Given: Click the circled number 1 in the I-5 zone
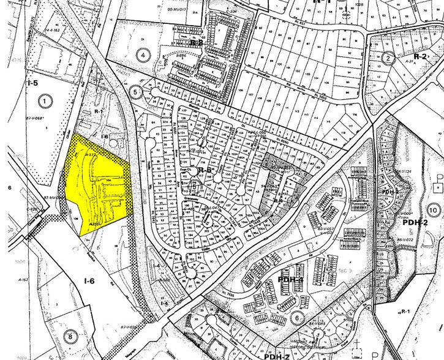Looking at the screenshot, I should (44, 99).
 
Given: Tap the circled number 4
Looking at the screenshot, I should (145, 55).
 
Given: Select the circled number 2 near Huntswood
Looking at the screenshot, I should (388, 59).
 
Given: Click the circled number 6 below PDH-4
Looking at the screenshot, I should (296, 318).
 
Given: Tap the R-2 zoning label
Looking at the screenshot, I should (420, 56).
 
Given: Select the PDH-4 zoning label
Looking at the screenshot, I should (292, 280).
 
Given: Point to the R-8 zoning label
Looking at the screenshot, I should (196, 43).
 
